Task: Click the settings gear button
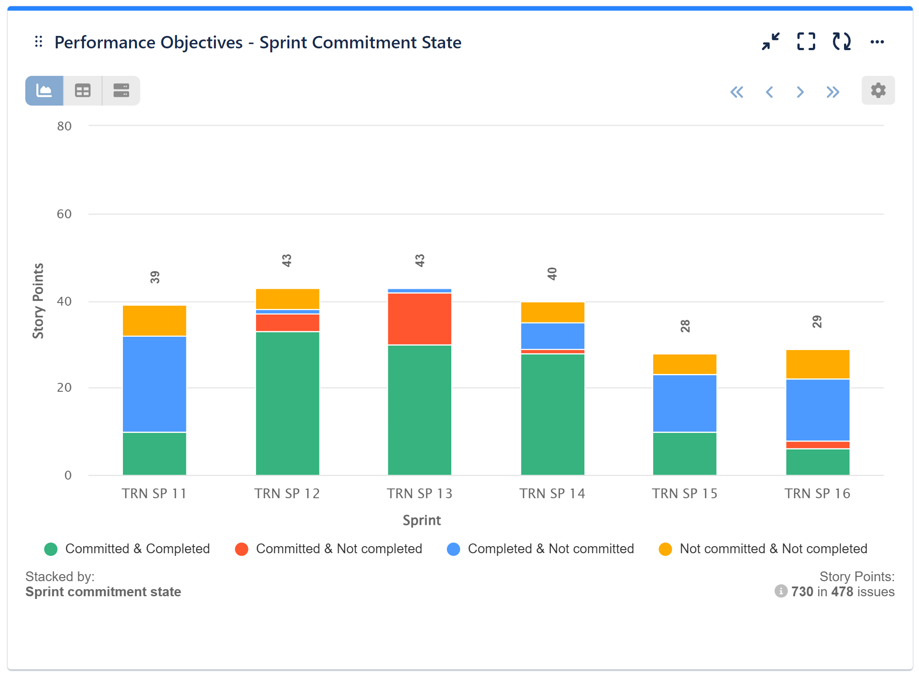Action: coord(877,91)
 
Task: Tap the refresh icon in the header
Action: coord(841,42)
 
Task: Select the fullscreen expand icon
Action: coord(805,42)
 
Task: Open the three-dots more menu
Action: coord(876,42)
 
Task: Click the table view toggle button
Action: coord(83,91)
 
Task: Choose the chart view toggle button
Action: coord(44,91)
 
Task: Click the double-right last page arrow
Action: coord(832,92)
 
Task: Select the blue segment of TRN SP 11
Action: coord(154,384)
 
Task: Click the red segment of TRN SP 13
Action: coord(419,319)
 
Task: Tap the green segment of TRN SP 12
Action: coord(287,403)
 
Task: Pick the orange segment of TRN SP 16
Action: coord(817,364)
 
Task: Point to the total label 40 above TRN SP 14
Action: coord(552,274)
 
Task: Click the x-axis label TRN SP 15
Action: coord(684,493)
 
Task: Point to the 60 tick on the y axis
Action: coord(64,214)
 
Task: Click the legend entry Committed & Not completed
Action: coord(329,549)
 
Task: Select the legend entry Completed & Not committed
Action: coord(540,549)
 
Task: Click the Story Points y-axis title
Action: coord(39,301)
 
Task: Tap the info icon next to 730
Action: coord(781,591)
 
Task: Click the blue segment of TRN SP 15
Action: coord(684,403)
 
